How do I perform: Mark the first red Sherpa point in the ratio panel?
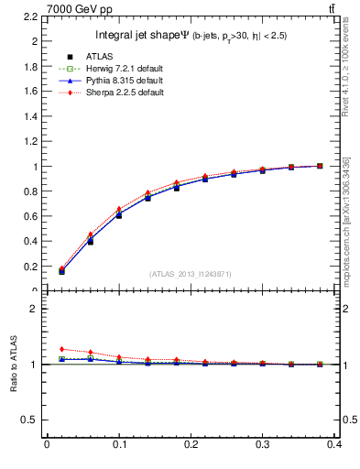pyautogui.click(x=61, y=349)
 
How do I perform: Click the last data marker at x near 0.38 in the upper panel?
pyautogui.click(x=319, y=166)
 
